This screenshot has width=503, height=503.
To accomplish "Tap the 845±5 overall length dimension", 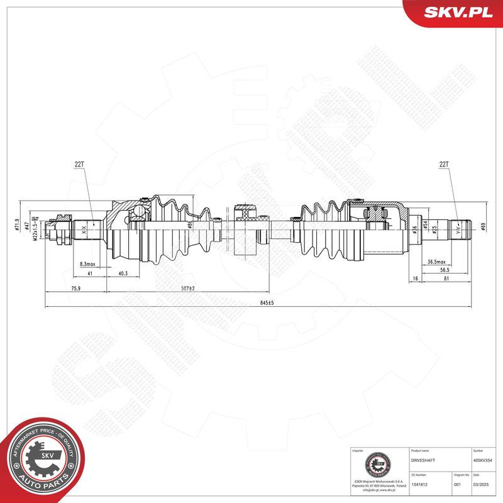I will pyautogui.click(x=267, y=302).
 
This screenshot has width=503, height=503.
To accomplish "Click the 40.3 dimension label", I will pyautogui.click(x=123, y=273).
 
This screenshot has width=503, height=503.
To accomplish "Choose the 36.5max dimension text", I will pyautogui.click(x=436, y=261).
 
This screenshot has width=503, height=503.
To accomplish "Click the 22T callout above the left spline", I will pyautogui.click(x=79, y=164).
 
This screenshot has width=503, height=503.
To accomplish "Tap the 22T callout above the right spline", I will pyautogui.click(x=445, y=164).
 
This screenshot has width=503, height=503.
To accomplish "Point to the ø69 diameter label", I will pyautogui.click(x=483, y=227).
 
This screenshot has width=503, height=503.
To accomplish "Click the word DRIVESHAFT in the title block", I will pyautogui.click(x=423, y=461).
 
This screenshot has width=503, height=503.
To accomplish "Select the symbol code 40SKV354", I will pyautogui.click(x=483, y=461).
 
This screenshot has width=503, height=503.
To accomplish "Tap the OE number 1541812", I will pyautogui.click(x=419, y=485).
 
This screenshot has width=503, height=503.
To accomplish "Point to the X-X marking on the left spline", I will pyautogui.click(x=85, y=231).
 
